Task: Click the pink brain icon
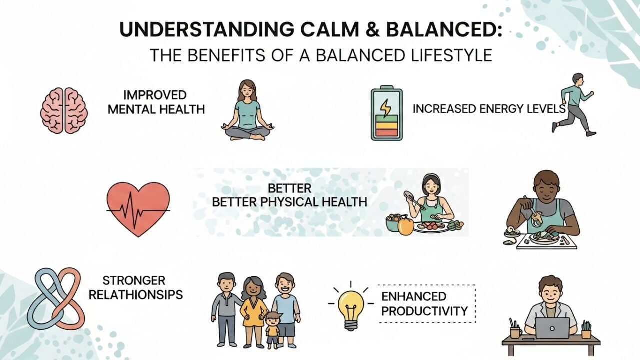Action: (x=64, y=111)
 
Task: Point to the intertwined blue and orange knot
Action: (x=58, y=298)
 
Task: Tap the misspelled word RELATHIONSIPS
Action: (x=135, y=295)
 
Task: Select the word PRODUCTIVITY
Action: (x=424, y=311)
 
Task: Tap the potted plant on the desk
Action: (x=586, y=329)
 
